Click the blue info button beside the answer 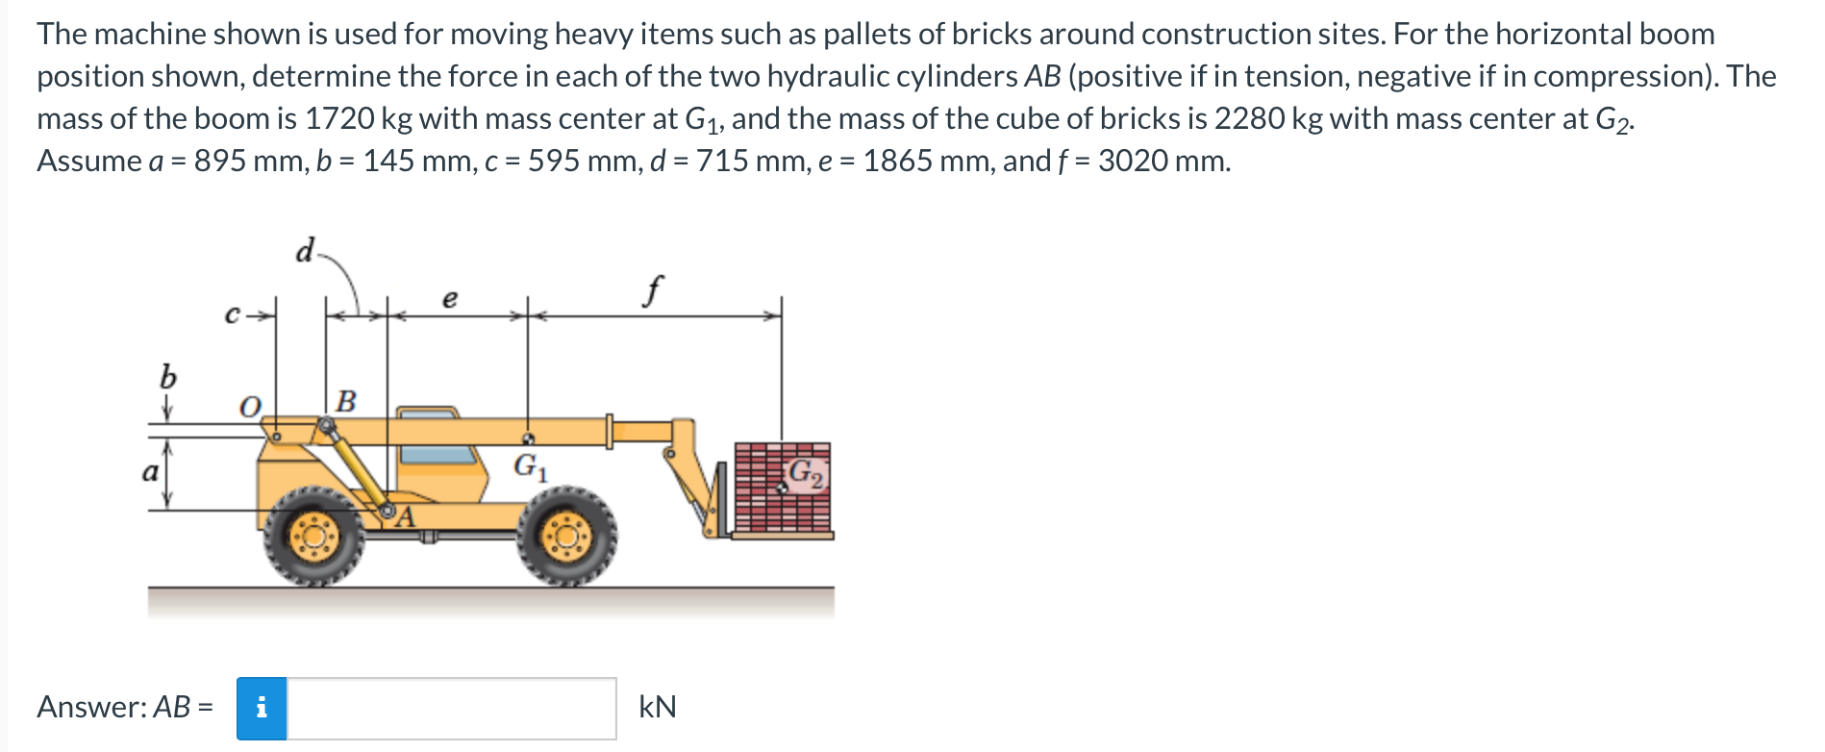pos(262,709)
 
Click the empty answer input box pos(451,709)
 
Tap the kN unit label pos(658,708)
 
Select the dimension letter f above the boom pos(655,288)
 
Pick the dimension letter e pos(449,299)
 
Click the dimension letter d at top pos(305,251)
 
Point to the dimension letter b pos(168,376)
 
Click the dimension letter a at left pos(150,472)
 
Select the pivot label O pos(249,407)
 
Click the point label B pos(345,400)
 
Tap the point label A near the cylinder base pos(406,518)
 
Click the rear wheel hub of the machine pos(314,537)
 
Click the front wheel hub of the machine pos(566,537)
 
